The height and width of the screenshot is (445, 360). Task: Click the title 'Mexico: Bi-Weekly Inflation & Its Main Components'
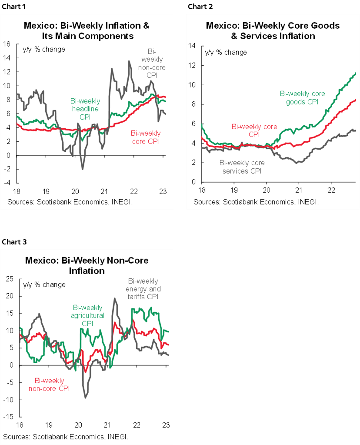click(87, 30)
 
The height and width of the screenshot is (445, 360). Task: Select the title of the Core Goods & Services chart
click(273, 30)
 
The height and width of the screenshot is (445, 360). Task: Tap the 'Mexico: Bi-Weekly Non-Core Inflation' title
click(87, 265)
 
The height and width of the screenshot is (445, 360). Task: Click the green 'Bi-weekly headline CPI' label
click(85, 109)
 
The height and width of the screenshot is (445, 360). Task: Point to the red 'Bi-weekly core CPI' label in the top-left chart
click(145, 137)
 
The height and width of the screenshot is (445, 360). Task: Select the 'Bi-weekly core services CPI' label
click(242, 167)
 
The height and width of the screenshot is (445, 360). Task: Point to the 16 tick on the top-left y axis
click(7, 44)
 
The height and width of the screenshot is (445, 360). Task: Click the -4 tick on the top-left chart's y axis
click(8, 183)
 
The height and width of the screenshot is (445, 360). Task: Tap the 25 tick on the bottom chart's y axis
click(9, 279)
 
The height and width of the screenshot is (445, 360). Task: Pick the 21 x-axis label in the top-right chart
click(299, 191)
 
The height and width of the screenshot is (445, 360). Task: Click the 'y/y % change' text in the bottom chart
click(44, 284)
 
